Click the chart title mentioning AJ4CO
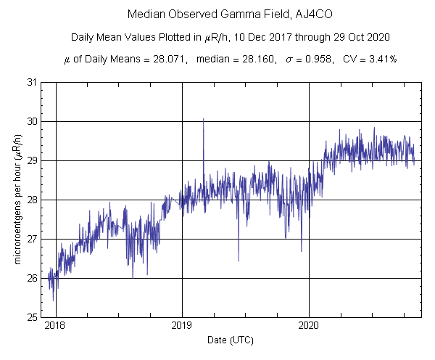[x=217, y=14]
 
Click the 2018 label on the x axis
[x=55, y=326]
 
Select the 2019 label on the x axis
[x=182, y=326]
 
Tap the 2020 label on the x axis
[x=309, y=326]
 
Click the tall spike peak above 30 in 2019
[x=203, y=118]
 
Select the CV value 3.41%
[x=380, y=59]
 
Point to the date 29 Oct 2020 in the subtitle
[x=336, y=37]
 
